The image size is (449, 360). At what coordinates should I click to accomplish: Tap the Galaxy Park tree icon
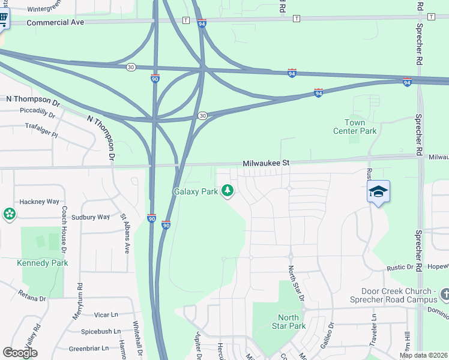tap(227, 191)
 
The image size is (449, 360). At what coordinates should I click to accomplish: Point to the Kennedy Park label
tap(43, 263)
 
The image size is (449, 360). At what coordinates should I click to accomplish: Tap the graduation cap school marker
tap(378, 192)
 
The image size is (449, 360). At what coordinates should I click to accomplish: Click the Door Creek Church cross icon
tap(444, 294)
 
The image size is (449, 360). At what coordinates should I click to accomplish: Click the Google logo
tap(20, 353)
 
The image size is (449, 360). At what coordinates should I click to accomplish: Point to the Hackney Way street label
tap(40, 202)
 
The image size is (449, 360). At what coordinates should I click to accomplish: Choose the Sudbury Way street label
tap(91, 217)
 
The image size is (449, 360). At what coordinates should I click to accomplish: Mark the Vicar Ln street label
tap(106, 314)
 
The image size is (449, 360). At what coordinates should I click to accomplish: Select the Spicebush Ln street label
tap(100, 331)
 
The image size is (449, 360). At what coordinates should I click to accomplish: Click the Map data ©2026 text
tap(423, 355)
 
